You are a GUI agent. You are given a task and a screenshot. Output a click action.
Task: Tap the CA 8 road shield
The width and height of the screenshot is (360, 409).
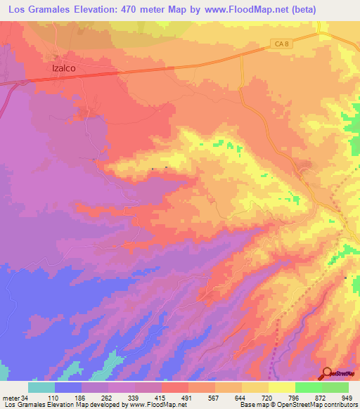point(280,45)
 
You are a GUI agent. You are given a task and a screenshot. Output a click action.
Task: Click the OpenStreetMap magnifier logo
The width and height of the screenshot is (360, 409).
point(328,373)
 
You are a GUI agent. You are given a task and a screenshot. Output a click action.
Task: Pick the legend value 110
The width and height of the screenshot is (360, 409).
point(55,398)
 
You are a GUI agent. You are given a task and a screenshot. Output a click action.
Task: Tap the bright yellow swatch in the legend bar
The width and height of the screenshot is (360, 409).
point(281,387)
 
